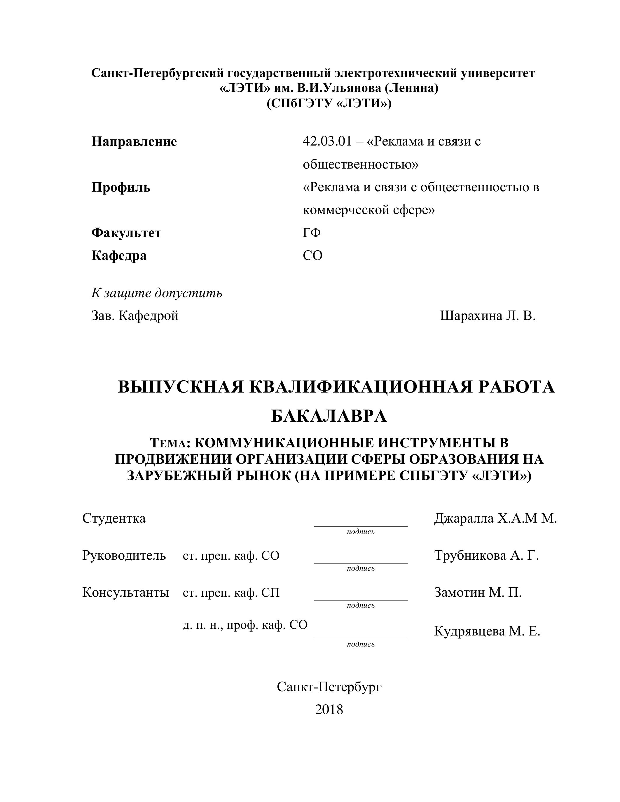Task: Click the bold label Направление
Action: tap(134, 141)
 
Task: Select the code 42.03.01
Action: tap(327, 141)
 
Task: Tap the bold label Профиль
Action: tap(121, 187)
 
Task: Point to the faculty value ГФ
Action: tap(312, 233)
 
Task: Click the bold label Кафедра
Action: tap(119, 255)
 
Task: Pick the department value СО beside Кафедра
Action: tap(312, 255)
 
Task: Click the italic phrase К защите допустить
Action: tap(157, 293)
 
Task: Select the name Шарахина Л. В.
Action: tap(488, 316)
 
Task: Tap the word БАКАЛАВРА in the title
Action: tap(329, 416)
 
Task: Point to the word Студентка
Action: tap(114, 518)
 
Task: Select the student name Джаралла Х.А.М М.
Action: tap(495, 518)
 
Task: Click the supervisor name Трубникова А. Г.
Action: tap(486, 555)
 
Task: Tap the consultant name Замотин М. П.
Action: tap(478, 592)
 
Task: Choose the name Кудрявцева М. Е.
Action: tap(487, 631)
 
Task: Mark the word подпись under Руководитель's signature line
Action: tap(360, 568)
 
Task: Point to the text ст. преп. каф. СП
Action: tap(231, 593)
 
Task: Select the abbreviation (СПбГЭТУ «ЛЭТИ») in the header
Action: tap(329, 104)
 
